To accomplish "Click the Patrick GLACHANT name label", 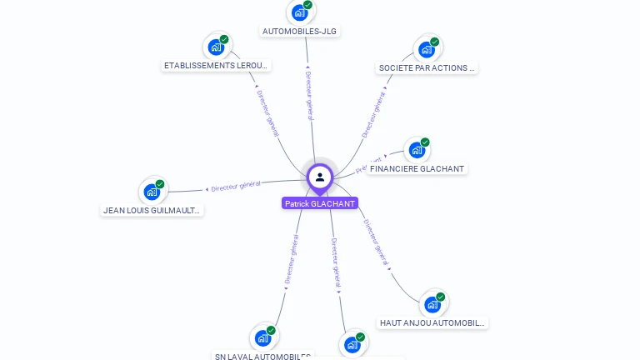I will tap(320, 203).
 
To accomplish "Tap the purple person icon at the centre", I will tap(320, 177).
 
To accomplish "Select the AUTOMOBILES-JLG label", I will tap(301, 32).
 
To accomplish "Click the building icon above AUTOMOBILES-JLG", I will tap(300, 12).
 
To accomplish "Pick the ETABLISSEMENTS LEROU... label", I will tap(217, 65).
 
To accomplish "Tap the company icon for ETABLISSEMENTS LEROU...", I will tap(217, 47).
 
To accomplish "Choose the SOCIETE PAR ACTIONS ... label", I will tap(427, 68).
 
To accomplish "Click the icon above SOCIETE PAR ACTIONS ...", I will tap(427, 49).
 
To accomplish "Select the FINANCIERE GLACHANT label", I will tap(417, 168).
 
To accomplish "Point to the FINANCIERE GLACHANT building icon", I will tap(417, 151).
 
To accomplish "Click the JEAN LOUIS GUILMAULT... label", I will tap(152, 211).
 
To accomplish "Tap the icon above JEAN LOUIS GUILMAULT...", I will tap(152, 192).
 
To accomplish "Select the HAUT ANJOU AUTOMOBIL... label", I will tap(432, 322).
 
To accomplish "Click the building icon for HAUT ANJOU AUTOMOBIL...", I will tap(432, 304).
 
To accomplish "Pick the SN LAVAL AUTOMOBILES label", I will tap(263, 356).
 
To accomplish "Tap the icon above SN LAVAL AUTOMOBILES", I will tap(263, 337).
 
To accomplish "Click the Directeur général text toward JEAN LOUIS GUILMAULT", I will tap(235, 186).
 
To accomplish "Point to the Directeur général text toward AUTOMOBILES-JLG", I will tap(309, 93).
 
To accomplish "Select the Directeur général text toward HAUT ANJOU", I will tap(377, 243).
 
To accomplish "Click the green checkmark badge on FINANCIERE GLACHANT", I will tap(425, 142).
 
